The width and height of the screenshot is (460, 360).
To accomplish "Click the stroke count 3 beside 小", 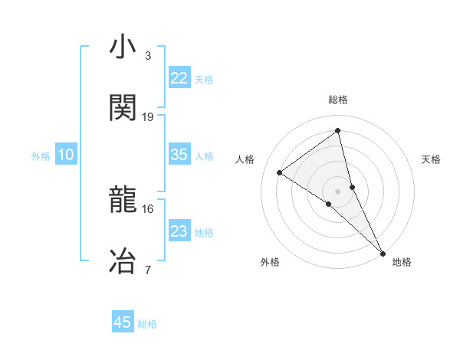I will pos(148,56).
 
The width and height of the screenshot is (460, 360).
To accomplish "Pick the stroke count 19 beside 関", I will pos(148,116).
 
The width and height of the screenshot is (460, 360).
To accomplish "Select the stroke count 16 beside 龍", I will pos(148,208).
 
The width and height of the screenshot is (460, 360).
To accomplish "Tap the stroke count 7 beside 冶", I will pos(148,269).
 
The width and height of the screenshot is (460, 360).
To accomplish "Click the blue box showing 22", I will pos(179,78).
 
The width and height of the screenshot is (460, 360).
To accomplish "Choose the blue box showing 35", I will pos(179,155).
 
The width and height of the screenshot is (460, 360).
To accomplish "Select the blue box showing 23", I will pos(179,231).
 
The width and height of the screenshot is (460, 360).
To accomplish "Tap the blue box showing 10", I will pos(66,155).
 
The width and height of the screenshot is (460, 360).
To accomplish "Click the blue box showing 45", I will pos(123,322).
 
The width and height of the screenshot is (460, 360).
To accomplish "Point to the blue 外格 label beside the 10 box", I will pos(41,156).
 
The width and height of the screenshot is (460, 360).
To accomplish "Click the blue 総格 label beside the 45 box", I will pos(147,324).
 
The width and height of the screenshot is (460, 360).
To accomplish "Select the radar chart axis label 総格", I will pos(337,100).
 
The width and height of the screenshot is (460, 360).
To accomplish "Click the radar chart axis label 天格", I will pos(431,159).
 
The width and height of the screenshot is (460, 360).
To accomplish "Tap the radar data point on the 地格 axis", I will pos(382,251).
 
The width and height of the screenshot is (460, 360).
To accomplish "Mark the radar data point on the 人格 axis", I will pos(280,172).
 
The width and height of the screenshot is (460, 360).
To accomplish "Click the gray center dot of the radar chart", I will pos(337,191).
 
